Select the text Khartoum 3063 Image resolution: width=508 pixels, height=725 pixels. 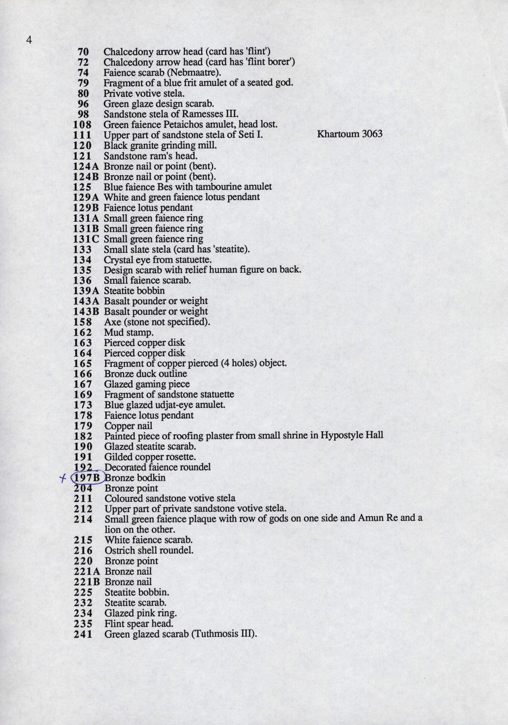(x=349, y=134)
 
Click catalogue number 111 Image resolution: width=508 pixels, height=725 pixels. (x=82, y=135)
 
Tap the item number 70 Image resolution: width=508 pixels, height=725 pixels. (x=83, y=52)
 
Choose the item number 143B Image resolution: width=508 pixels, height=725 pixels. (x=86, y=312)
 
